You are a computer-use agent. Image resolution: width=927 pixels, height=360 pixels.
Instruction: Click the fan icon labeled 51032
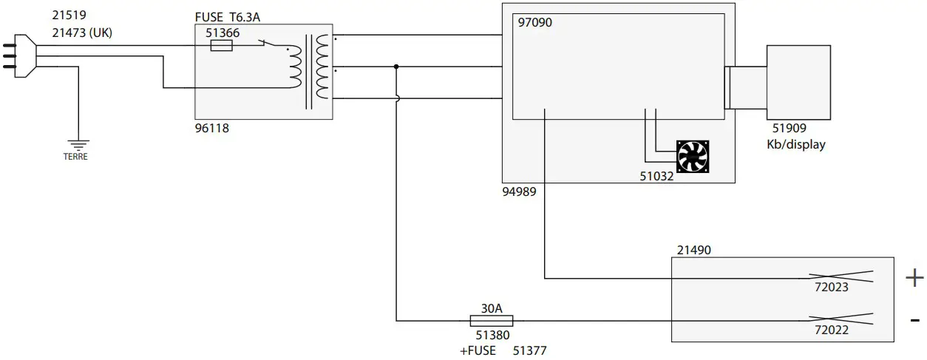693,157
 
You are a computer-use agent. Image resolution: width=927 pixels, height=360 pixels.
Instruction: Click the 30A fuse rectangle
492,321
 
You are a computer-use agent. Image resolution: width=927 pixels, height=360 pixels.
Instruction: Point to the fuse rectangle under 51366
222,46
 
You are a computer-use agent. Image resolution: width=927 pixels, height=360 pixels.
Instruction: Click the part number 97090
534,23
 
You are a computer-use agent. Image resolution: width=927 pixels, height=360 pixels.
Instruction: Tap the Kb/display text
796,144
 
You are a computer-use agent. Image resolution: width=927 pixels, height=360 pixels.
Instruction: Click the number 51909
789,129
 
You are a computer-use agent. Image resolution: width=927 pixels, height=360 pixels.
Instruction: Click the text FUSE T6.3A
228,17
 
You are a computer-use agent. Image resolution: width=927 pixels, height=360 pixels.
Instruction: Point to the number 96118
211,128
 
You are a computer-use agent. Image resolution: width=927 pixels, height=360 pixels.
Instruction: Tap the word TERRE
75,157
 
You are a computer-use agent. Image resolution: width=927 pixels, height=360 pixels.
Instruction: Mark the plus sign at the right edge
914,278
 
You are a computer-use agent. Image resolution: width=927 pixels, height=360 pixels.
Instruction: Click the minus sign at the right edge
914,320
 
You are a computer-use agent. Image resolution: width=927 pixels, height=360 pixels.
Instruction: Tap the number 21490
693,251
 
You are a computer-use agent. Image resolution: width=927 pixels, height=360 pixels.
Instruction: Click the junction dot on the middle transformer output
396,67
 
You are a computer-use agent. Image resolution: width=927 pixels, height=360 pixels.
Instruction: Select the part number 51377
529,350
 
